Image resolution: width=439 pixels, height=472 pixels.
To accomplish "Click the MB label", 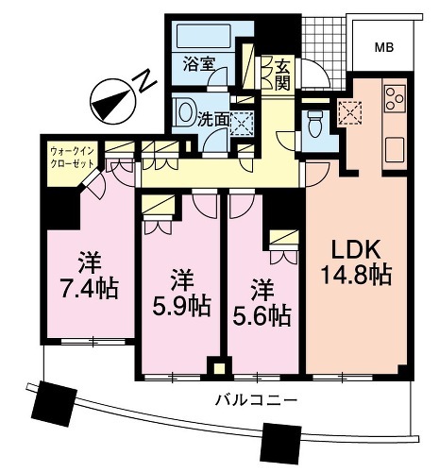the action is click(384, 48).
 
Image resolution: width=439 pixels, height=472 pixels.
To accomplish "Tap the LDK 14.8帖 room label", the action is click(356, 262).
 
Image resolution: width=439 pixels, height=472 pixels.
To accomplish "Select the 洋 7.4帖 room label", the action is click(90, 275).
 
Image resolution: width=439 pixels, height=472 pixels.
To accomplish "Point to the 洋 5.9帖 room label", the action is click(181, 294).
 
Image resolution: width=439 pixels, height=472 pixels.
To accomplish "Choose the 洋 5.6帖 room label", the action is click(262, 303).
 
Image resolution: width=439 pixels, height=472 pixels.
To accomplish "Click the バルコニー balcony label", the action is click(257, 400).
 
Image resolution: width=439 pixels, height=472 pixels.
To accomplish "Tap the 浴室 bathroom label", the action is click(198, 64).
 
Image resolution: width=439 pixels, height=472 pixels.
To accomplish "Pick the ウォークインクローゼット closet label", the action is click(72, 158).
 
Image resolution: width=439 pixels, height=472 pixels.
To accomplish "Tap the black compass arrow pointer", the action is click(111, 103).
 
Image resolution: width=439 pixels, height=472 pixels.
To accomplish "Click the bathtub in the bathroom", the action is click(204, 36).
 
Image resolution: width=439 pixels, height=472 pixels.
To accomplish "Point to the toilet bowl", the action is click(315, 125).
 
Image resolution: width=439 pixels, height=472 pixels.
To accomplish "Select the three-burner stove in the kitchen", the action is click(395, 98).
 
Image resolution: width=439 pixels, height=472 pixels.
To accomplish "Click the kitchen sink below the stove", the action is click(395, 150).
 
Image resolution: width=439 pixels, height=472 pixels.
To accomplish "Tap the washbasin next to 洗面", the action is click(183, 112).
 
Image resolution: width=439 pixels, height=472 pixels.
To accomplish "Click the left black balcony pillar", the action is click(55, 403).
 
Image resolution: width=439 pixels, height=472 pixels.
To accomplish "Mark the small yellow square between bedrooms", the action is click(220, 368).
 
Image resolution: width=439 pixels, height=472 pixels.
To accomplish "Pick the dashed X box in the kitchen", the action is click(350, 112).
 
